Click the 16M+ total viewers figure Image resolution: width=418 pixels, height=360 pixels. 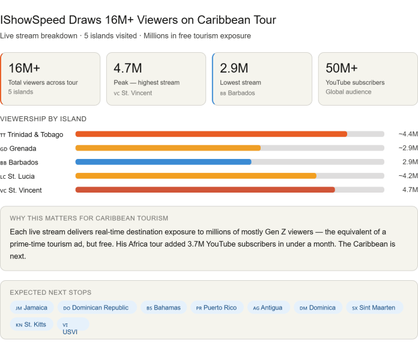[24, 68]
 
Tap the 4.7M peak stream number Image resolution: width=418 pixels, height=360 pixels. [127, 68]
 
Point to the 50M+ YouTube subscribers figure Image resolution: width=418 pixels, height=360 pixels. [341, 68]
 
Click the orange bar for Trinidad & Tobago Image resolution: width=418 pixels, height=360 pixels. [211, 134]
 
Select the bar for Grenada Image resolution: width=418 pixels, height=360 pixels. [168, 148]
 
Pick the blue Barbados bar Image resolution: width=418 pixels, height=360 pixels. [163, 162]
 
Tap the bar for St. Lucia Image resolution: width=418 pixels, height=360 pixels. [195, 176]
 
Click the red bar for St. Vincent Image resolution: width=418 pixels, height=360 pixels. [205, 190]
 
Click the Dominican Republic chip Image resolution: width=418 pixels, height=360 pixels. [96, 308]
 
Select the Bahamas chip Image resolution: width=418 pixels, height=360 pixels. [163, 308]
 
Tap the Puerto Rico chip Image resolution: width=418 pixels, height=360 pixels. [216, 308]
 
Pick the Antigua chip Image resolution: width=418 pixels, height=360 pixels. [268, 308]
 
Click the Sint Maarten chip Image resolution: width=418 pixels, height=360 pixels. [374, 308]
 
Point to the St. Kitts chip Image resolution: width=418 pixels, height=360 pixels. [32, 325]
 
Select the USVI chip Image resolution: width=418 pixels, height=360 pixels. [70, 328]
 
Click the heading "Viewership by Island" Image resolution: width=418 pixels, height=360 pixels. [43, 119]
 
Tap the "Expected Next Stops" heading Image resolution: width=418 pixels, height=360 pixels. [50, 292]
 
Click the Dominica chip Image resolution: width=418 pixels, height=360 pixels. [318, 308]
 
